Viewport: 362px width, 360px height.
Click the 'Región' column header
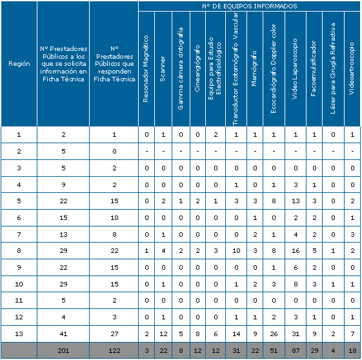(19, 64)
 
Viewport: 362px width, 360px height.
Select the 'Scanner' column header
(163, 69)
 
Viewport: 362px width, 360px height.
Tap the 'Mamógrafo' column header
(254, 68)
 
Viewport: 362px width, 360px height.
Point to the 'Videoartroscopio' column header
(352, 68)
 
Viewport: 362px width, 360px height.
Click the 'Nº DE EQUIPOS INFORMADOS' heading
(249, 6)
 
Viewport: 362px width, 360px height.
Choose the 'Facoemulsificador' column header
(314, 68)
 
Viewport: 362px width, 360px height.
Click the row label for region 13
(19, 334)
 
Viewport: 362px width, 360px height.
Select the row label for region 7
(19, 234)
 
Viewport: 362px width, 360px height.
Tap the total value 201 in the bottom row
(63, 350)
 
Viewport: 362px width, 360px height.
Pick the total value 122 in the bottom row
(114, 350)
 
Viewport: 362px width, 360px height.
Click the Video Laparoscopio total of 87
(296, 350)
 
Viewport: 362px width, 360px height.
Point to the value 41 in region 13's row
(63, 334)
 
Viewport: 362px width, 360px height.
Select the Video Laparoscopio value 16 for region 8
(296, 250)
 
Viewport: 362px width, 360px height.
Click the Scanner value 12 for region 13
(163, 334)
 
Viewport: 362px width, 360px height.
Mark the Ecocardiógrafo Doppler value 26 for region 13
(274, 334)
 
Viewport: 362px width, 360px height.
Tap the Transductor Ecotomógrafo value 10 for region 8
(236, 250)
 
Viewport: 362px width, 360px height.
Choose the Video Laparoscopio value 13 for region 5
(296, 201)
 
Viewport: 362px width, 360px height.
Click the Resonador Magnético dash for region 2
(146, 152)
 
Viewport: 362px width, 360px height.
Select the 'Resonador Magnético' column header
(145, 69)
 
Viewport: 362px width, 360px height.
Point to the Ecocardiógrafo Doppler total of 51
(274, 350)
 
